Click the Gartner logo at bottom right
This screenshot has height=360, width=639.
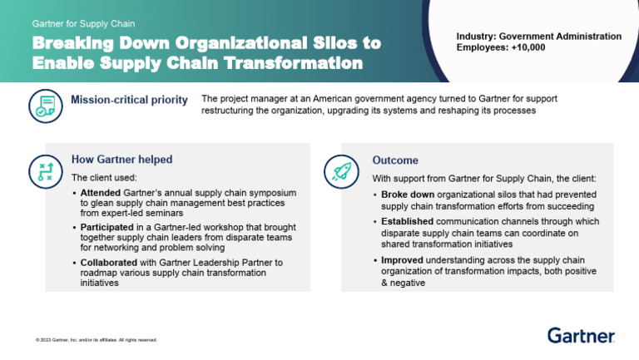click(x=581, y=335)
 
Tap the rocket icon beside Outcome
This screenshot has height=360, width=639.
click(x=341, y=171)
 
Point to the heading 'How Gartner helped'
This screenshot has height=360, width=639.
click(x=121, y=160)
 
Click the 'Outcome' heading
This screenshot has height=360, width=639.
click(x=395, y=160)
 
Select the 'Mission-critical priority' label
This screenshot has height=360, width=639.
click(x=129, y=101)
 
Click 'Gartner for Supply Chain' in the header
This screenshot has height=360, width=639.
click(x=83, y=24)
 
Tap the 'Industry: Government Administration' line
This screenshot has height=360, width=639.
click(x=538, y=37)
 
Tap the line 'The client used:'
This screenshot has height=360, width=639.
click(x=104, y=178)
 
